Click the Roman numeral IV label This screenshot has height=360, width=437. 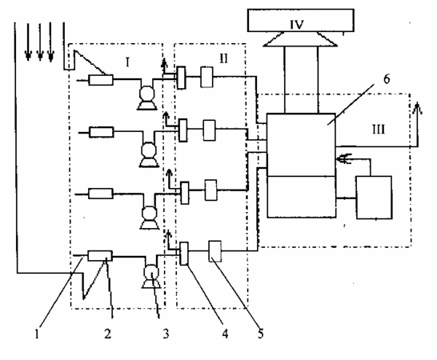(x=296, y=25)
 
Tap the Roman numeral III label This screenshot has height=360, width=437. (x=379, y=130)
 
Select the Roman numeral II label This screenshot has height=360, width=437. (x=224, y=58)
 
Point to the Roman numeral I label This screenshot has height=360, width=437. (x=127, y=62)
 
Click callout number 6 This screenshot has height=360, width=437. (x=387, y=79)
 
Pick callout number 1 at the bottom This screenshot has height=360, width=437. (x=37, y=334)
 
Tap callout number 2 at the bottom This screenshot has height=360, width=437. (x=108, y=334)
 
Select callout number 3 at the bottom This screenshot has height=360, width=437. (x=166, y=334)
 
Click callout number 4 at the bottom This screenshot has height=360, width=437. (x=225, y=334)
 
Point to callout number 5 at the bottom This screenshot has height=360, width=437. (x=261, y=334)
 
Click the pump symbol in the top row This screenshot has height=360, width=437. (x=147, y=98)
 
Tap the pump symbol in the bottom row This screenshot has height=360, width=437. (x=151, y=277)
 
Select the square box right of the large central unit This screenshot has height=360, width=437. (x=375, y=198)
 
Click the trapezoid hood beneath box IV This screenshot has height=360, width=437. (x=300, y=39)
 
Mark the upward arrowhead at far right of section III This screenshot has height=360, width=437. (x=417, y=108)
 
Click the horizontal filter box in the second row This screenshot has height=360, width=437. (x=102, y=132)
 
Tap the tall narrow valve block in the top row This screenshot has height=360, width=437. (x=181, y=78)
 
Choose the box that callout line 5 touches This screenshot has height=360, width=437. (x=215, y=251)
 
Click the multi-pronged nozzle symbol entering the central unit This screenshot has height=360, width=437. (x=345, y=159)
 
